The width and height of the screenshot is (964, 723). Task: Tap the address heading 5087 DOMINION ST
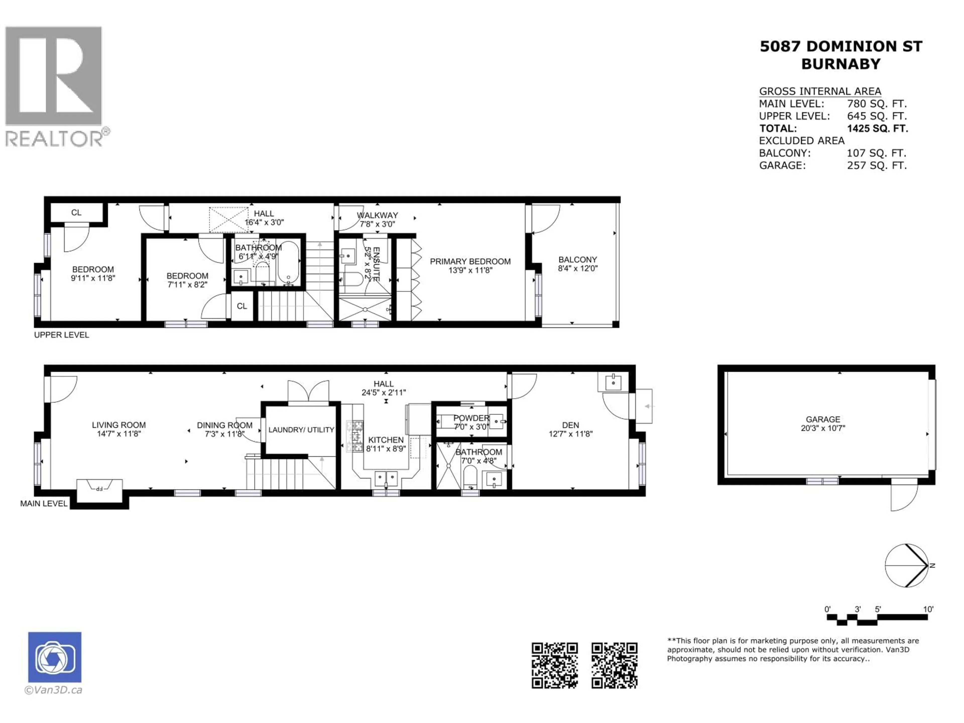[841, 46]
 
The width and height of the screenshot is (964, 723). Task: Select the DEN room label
[570, 425]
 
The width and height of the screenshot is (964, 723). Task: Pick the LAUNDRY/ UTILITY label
[301, 430]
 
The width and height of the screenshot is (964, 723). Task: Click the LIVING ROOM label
[118, 425]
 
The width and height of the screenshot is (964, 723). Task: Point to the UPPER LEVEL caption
[62, 335]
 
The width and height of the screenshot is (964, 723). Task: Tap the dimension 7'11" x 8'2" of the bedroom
[187, 285]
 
